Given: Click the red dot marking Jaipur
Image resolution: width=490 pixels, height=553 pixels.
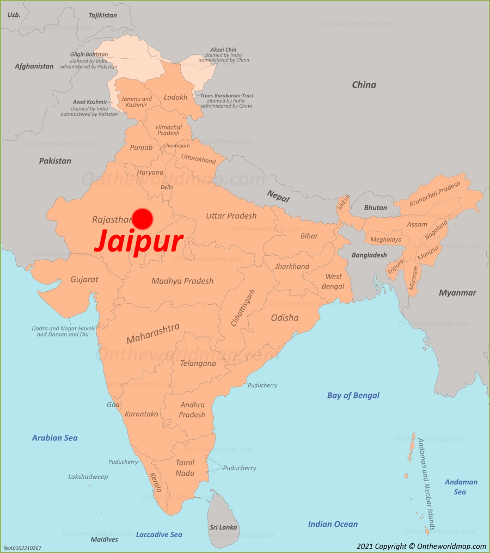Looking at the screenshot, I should [x=143, y=218].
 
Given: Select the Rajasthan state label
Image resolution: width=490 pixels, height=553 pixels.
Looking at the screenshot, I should [x=112, y=220].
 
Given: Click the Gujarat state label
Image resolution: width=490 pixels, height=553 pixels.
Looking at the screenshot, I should [x=84, y=279].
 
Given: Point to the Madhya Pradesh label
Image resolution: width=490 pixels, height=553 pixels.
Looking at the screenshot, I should [x=182, y=281].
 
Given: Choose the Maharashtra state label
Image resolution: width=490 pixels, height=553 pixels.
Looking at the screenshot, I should [x=153, y=334].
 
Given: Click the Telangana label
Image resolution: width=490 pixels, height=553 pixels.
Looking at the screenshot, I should [x=198, y=363].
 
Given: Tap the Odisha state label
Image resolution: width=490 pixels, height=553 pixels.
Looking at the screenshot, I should [x=285, y=317].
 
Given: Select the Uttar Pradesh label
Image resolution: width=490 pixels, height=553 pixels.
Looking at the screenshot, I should [x=231, y=216].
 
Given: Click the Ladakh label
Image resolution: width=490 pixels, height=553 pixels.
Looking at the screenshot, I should [x=175, y=97].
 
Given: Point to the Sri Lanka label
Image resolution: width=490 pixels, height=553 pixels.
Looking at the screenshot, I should [x=223, y=527].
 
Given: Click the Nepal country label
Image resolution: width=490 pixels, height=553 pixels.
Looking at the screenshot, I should [x=278, y=196].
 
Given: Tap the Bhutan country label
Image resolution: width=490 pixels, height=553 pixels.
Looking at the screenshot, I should [x=376, y=207].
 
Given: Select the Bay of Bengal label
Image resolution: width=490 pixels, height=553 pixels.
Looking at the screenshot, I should [x=353, y=395].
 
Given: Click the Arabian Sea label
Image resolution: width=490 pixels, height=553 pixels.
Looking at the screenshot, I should [x=54, y=438].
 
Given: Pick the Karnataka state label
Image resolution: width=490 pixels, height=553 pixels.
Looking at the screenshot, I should [x=142, y=414].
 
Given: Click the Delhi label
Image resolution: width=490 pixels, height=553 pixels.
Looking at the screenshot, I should [x=167, y=187].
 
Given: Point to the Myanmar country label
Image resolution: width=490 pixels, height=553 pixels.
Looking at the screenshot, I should [x=457, y=293].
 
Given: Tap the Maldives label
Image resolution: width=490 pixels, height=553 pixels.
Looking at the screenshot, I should [x=104, y=539].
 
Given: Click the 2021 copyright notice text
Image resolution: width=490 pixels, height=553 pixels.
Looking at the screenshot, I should [x=421, y=546].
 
